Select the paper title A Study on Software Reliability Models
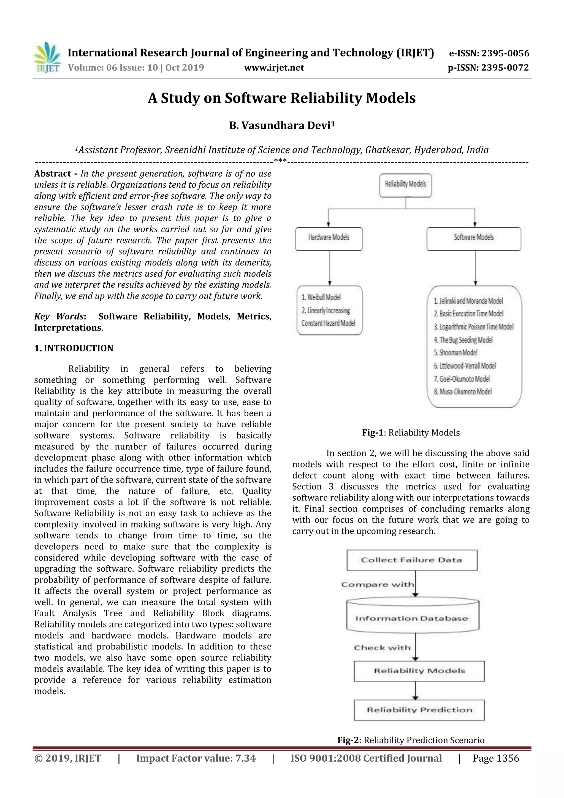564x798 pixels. (281, 98)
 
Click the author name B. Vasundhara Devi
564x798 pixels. (281, 125)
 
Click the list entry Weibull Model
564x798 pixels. (321, 297)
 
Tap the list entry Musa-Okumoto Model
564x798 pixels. (463, 392)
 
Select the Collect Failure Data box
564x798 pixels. (411, 560)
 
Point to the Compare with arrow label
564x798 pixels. (377, 585)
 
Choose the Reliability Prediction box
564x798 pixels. (419, 710)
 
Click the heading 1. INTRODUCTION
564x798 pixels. (74, 348)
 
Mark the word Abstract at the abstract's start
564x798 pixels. (53, 174)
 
